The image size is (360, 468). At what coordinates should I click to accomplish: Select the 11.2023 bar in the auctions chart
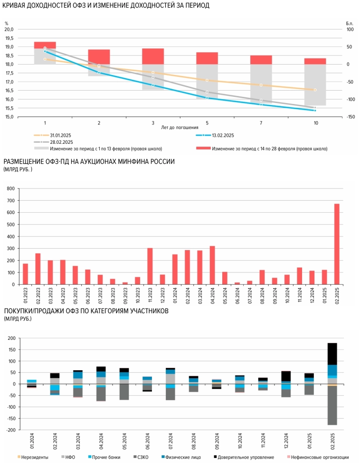click(150, 266)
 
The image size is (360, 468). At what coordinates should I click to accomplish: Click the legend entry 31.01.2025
click(60, 135)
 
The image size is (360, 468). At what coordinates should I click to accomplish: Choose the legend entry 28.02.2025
click(60, 142)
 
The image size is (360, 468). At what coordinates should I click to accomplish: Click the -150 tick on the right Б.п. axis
click(351, 117)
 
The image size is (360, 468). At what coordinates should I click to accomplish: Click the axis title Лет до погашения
click(180, 128)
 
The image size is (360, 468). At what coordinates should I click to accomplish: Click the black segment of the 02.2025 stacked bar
click(332, 354)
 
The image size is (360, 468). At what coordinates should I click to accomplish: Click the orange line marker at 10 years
click(315, 90)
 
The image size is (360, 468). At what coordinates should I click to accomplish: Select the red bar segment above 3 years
click(153, 56)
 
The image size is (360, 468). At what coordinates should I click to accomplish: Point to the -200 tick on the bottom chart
click(9, 430)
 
